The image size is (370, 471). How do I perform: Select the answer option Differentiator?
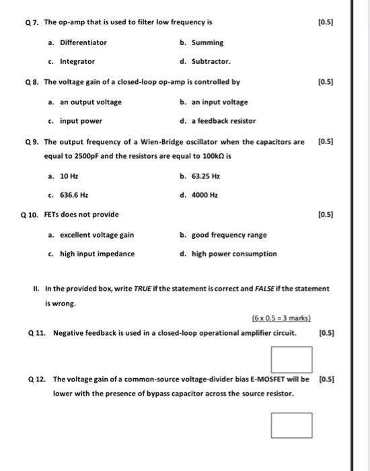tap(83, 42)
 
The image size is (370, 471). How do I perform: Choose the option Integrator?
tap(77, 61)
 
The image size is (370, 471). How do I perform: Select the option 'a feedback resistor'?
tap(223, 121)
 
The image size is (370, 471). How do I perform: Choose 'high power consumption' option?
tap(233, 254)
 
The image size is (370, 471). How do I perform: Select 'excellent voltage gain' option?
tap(96, 235)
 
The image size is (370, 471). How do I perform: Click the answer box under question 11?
tap(292, 359)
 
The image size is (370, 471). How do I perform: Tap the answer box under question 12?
tap(292, 425)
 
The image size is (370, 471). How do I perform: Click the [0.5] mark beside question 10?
tap(326, 215)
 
